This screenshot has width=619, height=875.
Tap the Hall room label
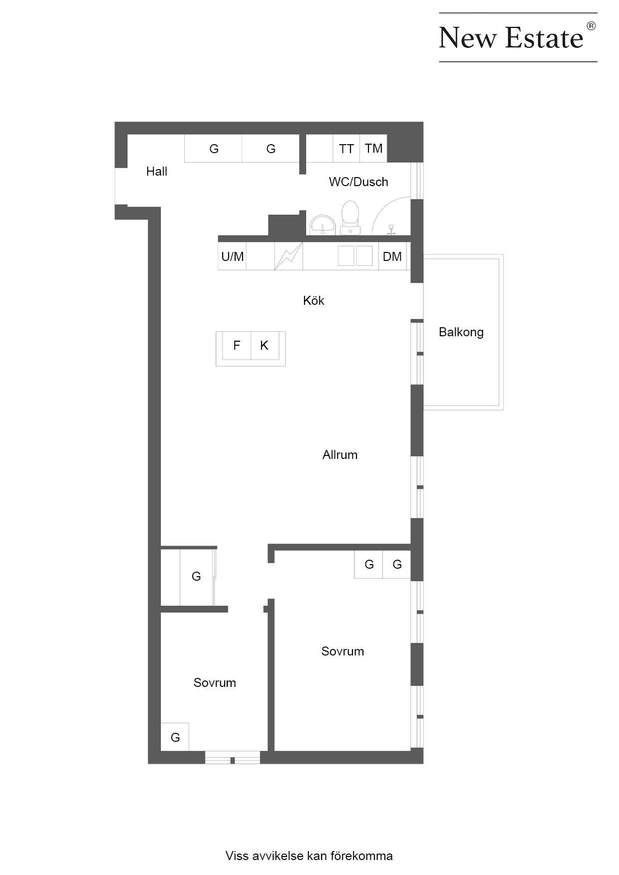click(x=157, y=172)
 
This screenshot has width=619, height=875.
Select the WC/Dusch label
click(x=358, y=182)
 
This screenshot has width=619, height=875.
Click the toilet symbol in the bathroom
click(x=350, y=218)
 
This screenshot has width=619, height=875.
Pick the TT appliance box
click(x=346, y=148)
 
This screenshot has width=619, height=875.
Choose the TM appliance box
click(x=373, y=148)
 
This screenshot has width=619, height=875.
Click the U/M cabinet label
click(x=233, y=257)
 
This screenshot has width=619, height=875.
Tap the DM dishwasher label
click(x=392, y=257)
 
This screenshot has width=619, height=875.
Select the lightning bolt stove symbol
click(x=289, y=256)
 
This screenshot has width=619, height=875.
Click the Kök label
click(x=313, y=301)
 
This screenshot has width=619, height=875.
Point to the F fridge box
click(x=237, y=345)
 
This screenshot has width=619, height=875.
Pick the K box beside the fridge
click(x=265, y=345)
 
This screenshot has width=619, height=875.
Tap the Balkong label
click(x=461, y=333)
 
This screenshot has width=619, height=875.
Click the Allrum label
click(x=340, y=455)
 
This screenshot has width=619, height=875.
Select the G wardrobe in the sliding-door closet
click(x=196, y=577)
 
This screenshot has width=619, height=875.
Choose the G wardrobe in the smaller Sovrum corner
click(x=175, y=737)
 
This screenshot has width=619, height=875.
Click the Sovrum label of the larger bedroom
click(x=342, y=652)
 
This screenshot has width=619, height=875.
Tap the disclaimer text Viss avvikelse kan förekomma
click(x=309, y=856)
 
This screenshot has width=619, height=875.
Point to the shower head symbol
click(x=392, y=229)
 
